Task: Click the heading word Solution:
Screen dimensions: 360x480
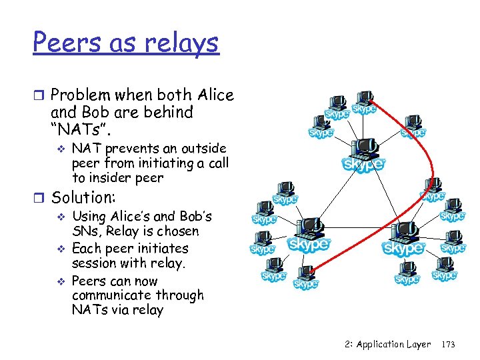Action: point(84,198)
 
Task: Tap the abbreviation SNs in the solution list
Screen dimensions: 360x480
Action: point(85,231)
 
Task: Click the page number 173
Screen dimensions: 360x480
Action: point(448,345)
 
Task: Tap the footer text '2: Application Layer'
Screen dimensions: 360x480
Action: point(388,345)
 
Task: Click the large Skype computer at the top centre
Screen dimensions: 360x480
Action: point(363,155)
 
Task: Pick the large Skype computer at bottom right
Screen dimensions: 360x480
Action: point(403,240)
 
